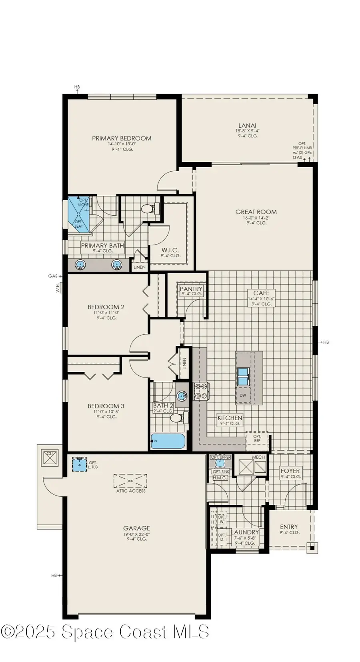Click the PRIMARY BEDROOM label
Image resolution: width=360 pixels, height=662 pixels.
[x=122, y=138]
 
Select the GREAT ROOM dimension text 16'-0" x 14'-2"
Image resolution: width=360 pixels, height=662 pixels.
[x=256, y=217]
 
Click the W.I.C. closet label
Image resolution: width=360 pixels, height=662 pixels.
[x=170, y=250]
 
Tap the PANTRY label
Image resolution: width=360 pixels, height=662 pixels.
[x=191, y=289]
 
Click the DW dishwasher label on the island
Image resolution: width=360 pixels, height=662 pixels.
[x=243, y=395]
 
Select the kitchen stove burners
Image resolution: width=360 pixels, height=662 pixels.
[x=201, y=391]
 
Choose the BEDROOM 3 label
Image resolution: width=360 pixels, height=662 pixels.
[x=106, y=406]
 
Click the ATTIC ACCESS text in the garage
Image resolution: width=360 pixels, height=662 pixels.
[x=131, y=491]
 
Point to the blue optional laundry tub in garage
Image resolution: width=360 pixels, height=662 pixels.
[x=80, y=464]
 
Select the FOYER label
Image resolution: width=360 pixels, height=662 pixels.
[x=290, y=471]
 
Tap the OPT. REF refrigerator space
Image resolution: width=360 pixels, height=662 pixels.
[x=257, y=438]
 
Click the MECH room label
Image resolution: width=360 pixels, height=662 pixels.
[x=258, y=457]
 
